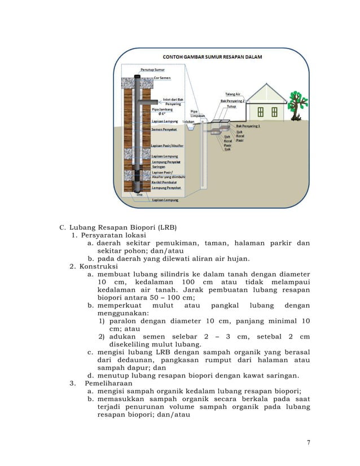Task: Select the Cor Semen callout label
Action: coord(163,78)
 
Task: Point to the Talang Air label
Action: coord(233,94)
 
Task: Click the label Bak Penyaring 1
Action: coord(248,126)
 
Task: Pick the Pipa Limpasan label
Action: coord(197,113)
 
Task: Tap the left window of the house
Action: coord(261,109)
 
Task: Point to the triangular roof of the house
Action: coord(269,91)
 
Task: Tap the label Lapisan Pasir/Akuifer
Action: coord(169,146)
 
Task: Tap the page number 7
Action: coord(308,442)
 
